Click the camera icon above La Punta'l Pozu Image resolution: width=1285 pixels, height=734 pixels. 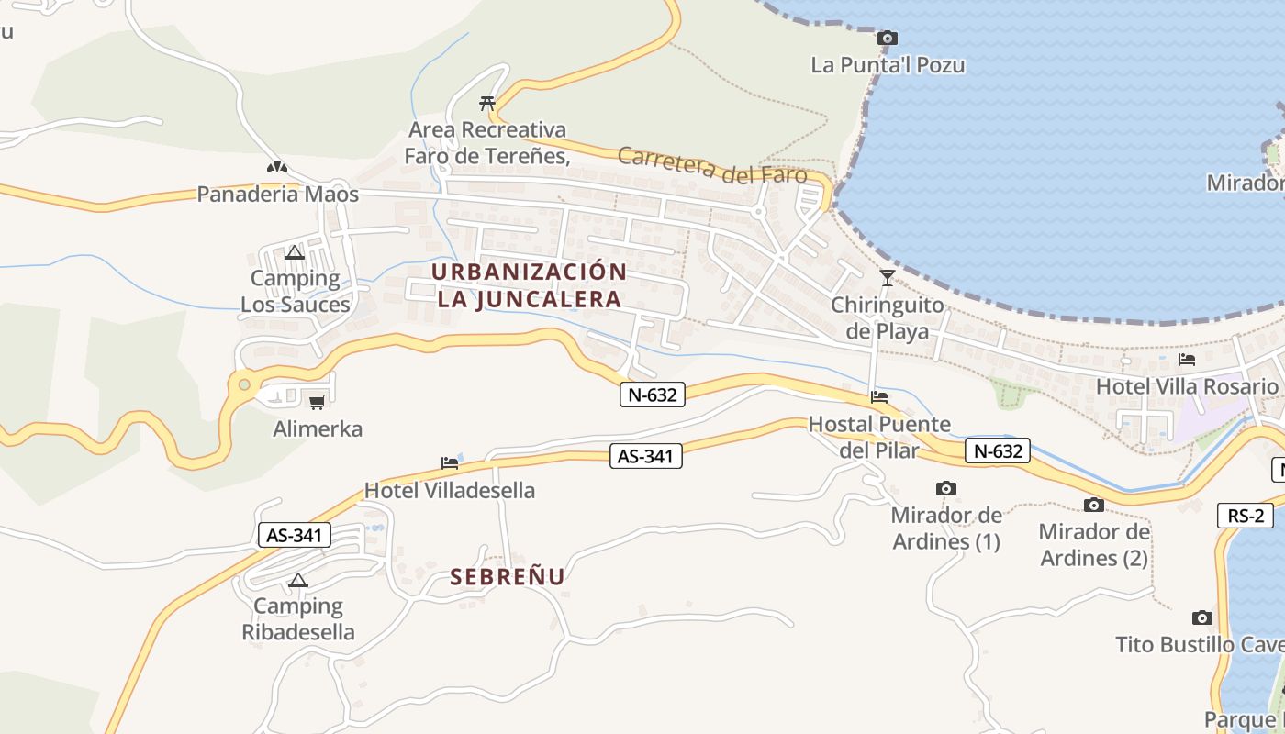887,38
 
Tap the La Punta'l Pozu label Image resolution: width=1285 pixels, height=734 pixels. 888,65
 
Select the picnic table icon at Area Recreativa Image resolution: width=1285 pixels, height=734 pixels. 487,103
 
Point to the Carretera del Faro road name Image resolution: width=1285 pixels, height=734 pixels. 712,166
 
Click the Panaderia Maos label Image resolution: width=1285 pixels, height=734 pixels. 277,195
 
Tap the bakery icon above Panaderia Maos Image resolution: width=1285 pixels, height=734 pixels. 277,167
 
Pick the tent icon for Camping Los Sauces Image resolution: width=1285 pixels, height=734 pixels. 295,252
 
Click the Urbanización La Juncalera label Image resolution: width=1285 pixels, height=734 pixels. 529,285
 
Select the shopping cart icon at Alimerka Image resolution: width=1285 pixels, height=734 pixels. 318,402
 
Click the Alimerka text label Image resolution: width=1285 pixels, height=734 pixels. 318,428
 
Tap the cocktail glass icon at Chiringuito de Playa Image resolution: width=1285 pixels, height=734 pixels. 887,277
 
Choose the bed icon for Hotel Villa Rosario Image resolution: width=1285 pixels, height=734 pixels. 1187,360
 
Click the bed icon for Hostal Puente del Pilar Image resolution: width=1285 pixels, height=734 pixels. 879,397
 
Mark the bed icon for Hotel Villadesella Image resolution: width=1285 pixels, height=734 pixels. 450,463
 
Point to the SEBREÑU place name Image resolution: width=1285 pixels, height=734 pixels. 507,576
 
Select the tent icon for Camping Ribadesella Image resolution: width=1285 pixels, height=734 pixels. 297,580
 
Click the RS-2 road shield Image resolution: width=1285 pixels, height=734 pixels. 1246,516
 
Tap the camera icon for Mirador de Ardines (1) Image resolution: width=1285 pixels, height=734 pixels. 945,489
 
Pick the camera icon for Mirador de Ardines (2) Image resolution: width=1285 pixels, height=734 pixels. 1093,505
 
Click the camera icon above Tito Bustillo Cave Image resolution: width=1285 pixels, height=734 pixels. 1201,618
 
